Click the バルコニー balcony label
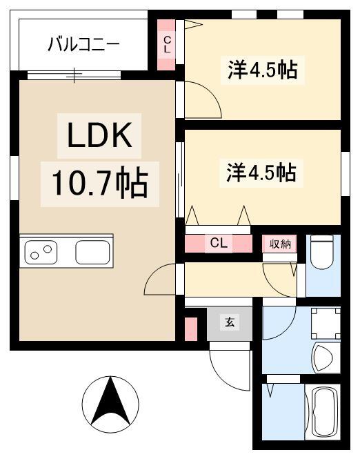click(x=83, y=44)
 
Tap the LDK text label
click(x=99, y=135)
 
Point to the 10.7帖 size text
click(x=100, y=184)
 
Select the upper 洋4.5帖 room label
click(x=262, y=70)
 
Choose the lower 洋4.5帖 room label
click(x=261, y=173)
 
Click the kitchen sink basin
click(x=92, y=252)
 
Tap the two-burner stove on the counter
click(x=41, y=252)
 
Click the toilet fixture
click(x=322, y=252)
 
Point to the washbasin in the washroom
click(x=323, y=358)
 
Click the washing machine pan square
click(x=326, y=324)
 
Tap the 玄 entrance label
click(x=230, y=322)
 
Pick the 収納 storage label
click(x=280, y=244)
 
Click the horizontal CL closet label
click(x=219, y=243)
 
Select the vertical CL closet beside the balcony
click(x=167, y=44)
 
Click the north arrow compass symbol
click(x=110, y=404)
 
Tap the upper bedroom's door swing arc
click(x=208, y=94)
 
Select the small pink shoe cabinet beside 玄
click(x=191, y=329)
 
